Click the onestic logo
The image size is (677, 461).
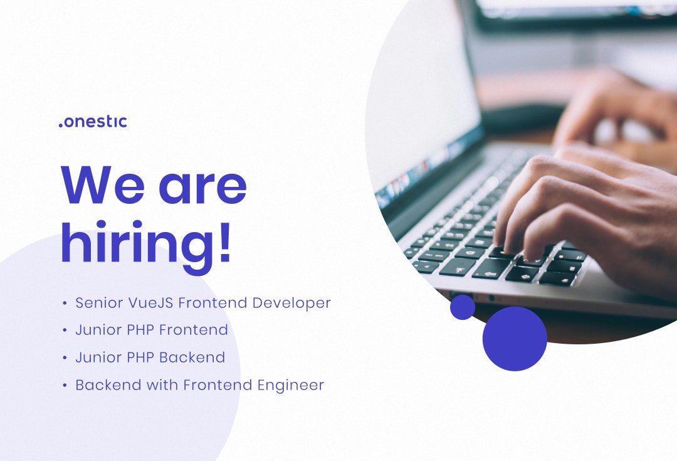93,122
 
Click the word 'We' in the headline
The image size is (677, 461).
99,185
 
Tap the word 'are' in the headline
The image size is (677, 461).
202,187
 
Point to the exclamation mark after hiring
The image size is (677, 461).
224,241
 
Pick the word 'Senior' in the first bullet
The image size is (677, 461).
95,303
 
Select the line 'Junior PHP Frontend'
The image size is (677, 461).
151,330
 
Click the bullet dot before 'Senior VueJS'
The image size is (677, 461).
65,304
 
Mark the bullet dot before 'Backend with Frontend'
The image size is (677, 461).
65,386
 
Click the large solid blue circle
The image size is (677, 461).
515,339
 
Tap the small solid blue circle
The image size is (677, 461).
463,307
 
